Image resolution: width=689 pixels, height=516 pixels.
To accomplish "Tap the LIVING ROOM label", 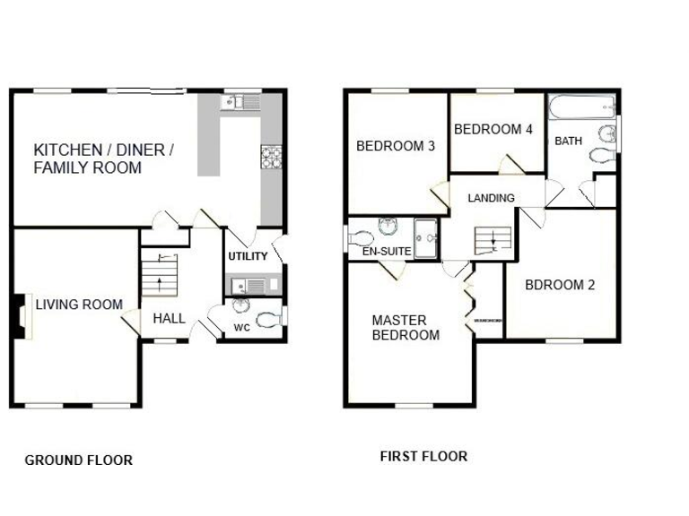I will [x=79, y=305].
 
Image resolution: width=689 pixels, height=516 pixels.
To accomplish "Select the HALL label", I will [x=169, y=318].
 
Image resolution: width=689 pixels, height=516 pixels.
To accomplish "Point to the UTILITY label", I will [x=248, y=257].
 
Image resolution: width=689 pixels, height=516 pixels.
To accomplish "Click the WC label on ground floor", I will [x=241, y=328].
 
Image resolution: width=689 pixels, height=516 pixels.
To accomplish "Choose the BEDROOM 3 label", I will [x=396, y=146].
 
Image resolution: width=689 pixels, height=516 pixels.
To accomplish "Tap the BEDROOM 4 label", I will [x=493, y=130].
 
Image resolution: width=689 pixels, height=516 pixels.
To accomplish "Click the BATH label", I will [x=568, y=142].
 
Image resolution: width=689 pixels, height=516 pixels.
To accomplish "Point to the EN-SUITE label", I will [x=386, y=253].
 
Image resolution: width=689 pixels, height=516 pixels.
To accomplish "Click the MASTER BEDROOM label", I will [x=406, y=328].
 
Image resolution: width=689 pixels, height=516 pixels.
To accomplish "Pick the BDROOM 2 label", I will [x=560, y=286].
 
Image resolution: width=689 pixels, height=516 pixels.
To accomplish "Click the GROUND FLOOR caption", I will [x=79, y=460].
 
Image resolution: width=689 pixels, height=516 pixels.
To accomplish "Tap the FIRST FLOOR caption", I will [x=423, y=456].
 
